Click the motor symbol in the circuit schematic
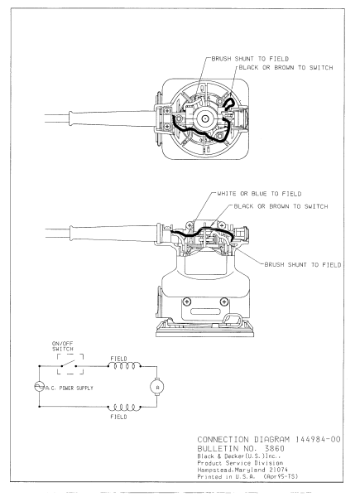158,386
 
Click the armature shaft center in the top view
202,120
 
